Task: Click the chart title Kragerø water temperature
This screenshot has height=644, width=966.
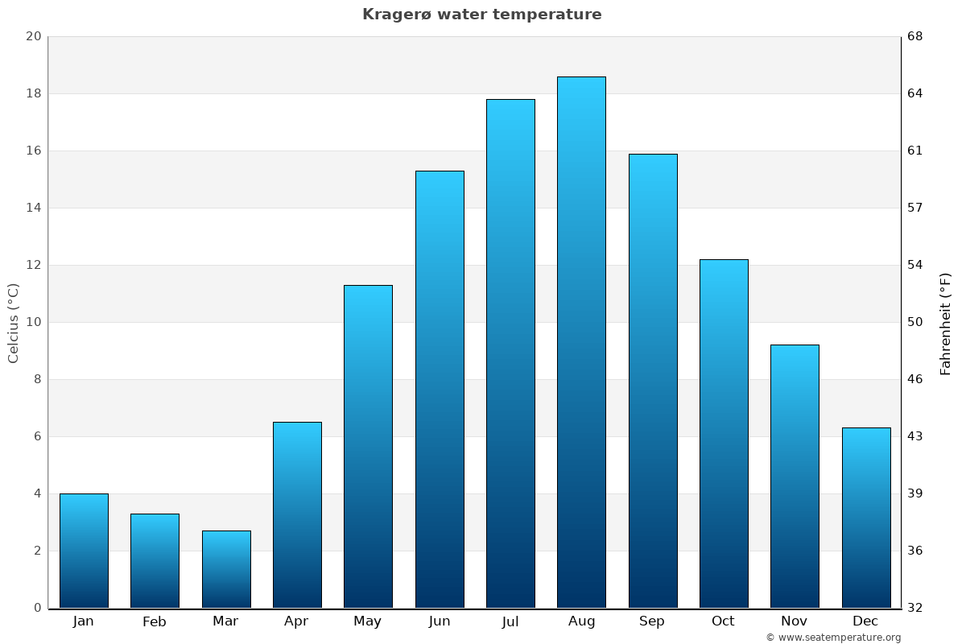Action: click(481, 14)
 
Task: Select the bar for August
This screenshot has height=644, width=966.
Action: click(581, 342)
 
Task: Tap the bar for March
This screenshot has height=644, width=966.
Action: click(226, 569)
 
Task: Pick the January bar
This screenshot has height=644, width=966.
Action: click(84, 551)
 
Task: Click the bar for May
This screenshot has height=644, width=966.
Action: click(368, 446)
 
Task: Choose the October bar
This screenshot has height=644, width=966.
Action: click(724, 433)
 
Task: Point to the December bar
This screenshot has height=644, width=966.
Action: click(866, 518)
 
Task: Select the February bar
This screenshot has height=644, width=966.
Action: click(155, 560)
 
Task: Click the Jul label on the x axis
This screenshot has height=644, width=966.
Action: click(510, 621)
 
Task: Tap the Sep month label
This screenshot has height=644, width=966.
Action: click(652, 621)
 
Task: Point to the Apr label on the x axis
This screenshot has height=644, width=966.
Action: click(296, 621)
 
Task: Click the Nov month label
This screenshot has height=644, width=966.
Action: click(794, 621)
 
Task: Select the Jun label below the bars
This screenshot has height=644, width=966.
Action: click(440, 621)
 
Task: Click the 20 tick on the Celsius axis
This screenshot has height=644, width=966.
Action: click(33, 36)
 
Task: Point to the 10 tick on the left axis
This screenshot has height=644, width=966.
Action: click(33, 322)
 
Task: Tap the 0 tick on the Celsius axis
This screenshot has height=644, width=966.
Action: click(37, 608)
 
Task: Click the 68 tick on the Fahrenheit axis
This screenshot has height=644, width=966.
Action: click(916, 36)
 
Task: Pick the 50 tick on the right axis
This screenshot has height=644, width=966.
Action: click(916, 322)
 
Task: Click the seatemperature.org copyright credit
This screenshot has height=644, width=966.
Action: click(833, 638)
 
